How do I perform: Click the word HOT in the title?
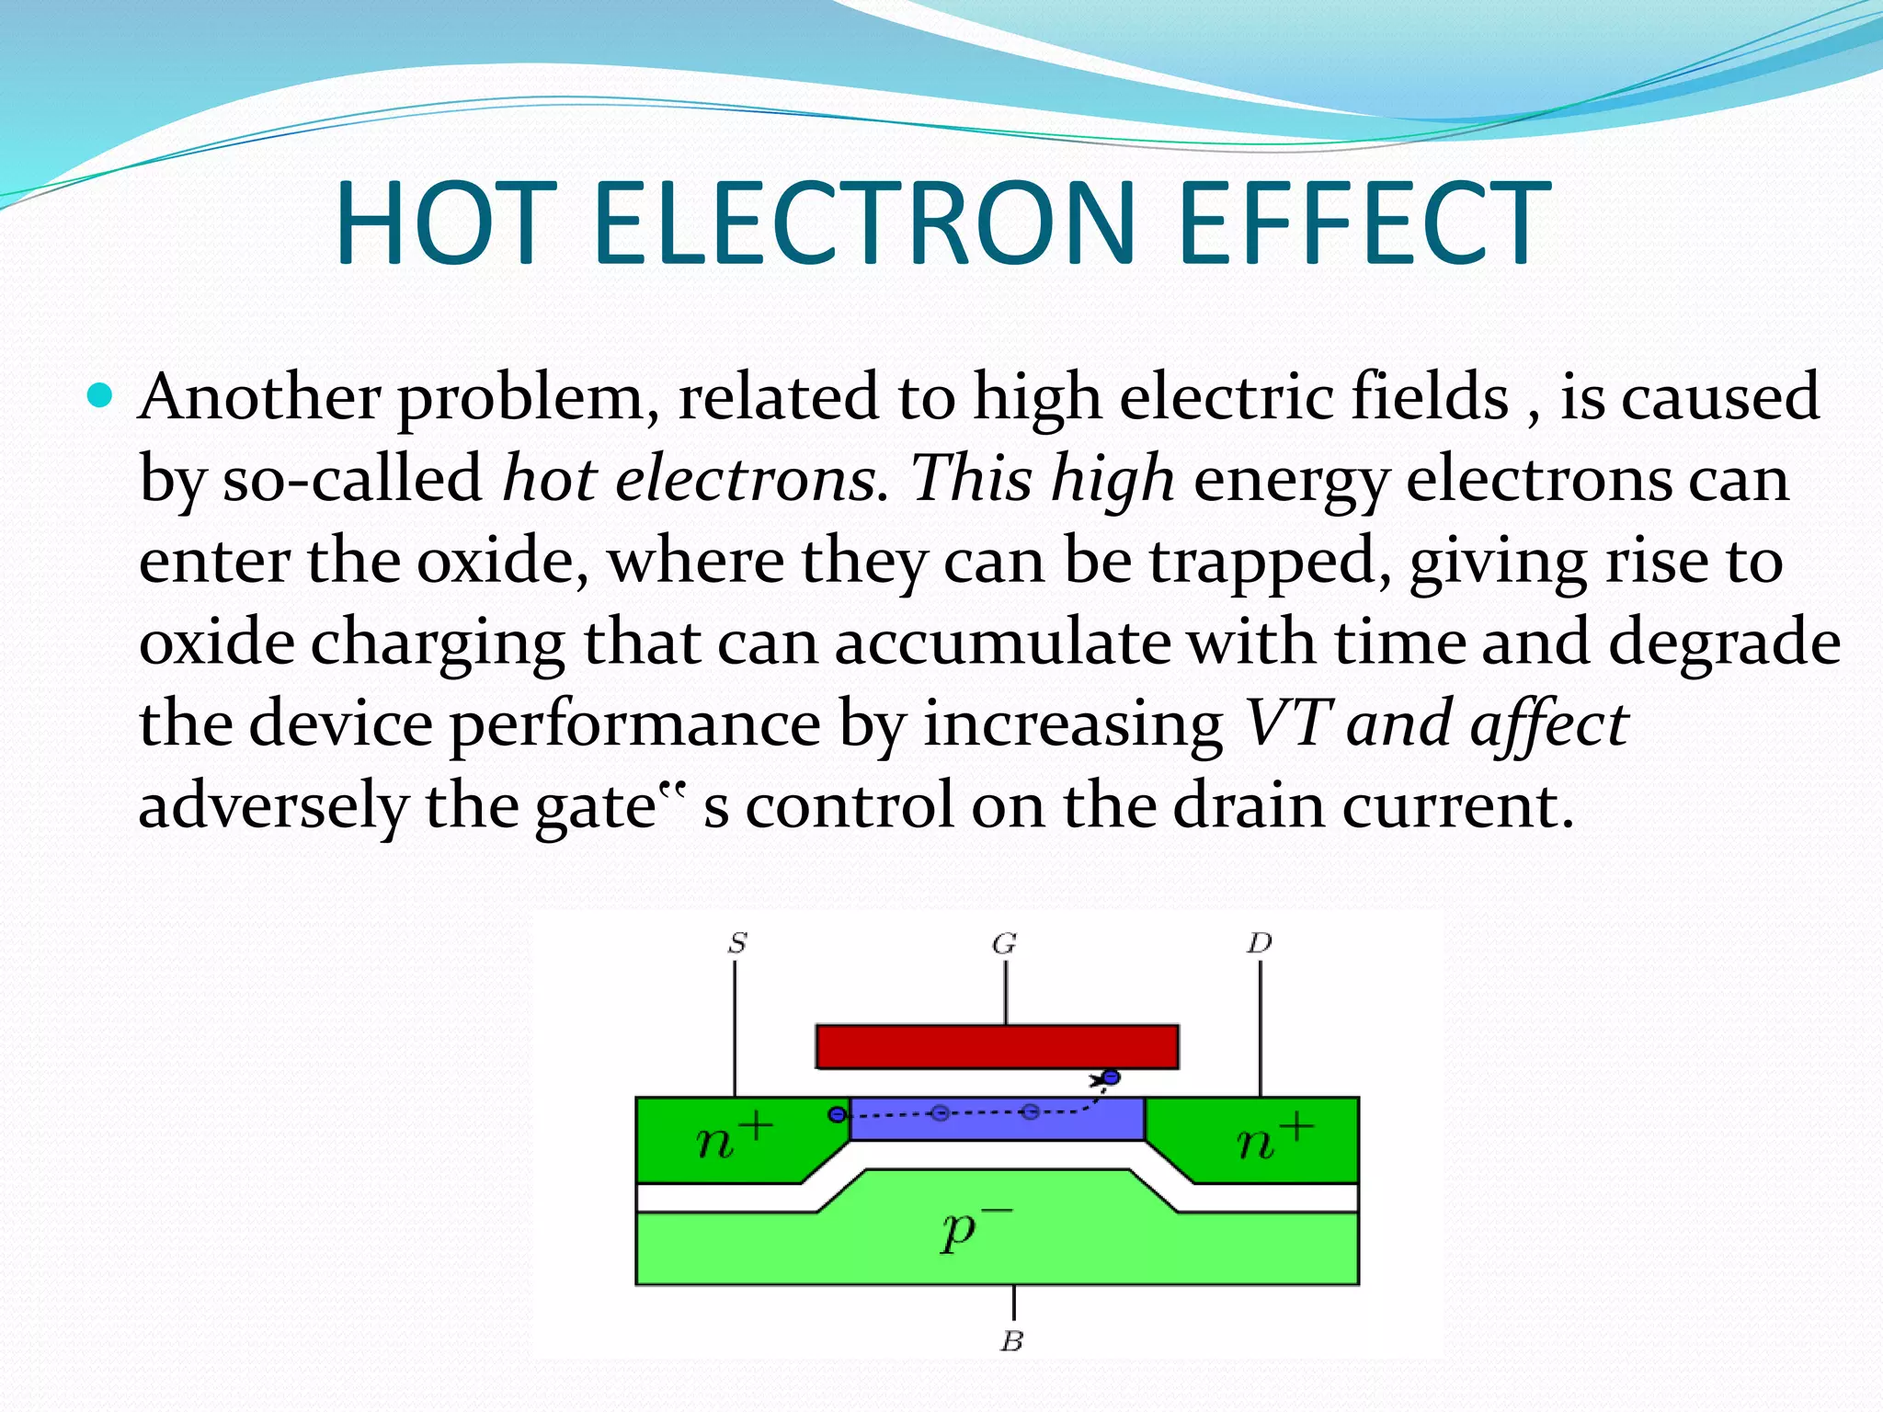[446, 223]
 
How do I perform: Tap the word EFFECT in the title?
[1363, 223]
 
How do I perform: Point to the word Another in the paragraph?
[259, 398]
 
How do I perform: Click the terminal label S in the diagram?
[737, 943]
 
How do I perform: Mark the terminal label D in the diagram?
[1260, 943]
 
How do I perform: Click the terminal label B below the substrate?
[1011, 1341]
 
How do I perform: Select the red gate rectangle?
[997, 1047]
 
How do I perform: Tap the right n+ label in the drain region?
[1273, 1140]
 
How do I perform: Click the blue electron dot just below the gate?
[1111, 1077]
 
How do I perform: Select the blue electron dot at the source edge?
[837, 1115]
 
